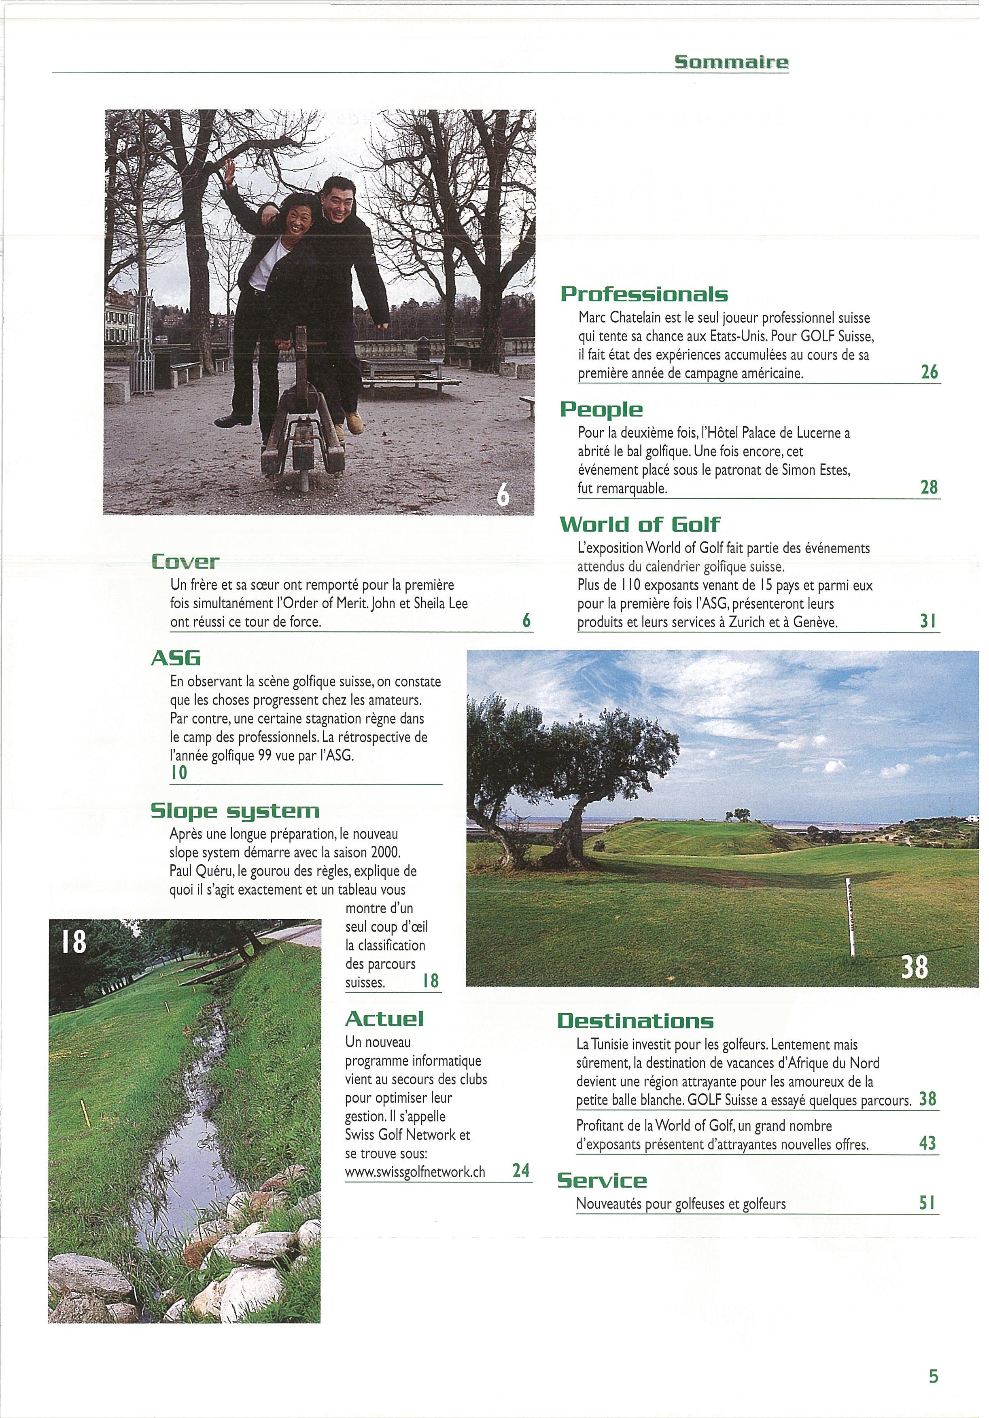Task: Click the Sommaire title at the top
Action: click(731, 62)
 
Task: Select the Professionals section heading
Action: click(644, 294)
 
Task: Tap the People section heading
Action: click(601, 409)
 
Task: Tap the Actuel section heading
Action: click(384, 1018)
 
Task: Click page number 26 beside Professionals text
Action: click(929, 372)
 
